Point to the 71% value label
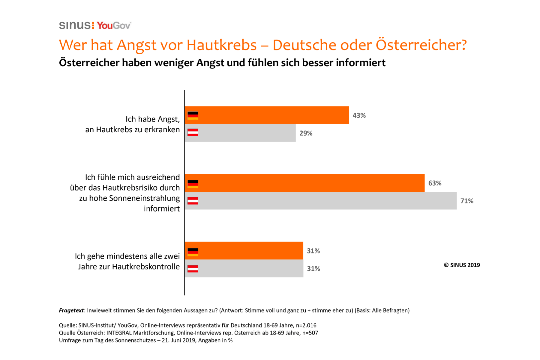tap(467, 201)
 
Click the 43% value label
tap(359, 115)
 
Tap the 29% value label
tap(306, 133)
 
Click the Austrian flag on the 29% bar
tap(193, 132)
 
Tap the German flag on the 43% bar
tap(193, 115)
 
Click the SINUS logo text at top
tap(75, 25)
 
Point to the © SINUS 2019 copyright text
tap(462, 265)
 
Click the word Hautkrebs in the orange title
tap(221, 45)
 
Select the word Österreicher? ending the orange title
tap(421, 45)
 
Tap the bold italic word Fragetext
tap(71, 310)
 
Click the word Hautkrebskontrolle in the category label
tap(146, 267)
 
